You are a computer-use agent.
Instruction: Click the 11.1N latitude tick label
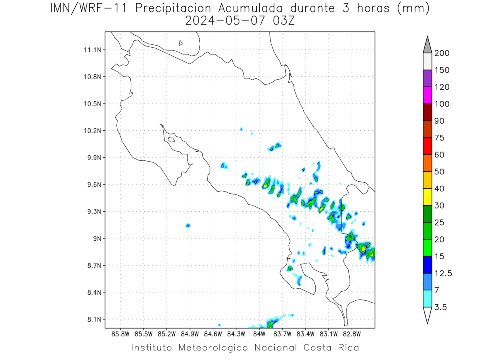pos(92,50)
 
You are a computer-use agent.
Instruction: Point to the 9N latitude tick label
pos(97,238)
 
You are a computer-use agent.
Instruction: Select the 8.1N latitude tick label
pos(94,319)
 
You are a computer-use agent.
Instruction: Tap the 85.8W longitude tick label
pos(120,334)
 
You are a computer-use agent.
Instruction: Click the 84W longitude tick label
pos(259,334)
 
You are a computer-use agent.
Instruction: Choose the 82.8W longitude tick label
pos(352,334)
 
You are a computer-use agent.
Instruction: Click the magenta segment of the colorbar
pos(427,95)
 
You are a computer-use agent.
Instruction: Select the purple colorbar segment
pos(427,78)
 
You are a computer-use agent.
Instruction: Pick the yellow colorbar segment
pos(427,197)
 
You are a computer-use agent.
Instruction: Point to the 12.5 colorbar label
pos(443,274)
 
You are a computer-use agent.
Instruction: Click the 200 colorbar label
pos(442,53)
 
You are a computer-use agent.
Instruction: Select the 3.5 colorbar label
pos(440,307)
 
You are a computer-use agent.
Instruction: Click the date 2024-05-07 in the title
pos(225,21)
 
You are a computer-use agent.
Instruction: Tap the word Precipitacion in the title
pos(173,8)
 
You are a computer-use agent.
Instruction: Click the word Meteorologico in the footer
pos(213,348)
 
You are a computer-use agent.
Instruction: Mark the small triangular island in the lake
pos(180,43)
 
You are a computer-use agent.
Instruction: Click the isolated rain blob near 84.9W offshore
pos(188,225)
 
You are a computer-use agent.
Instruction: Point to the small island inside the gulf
pos(172,140)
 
